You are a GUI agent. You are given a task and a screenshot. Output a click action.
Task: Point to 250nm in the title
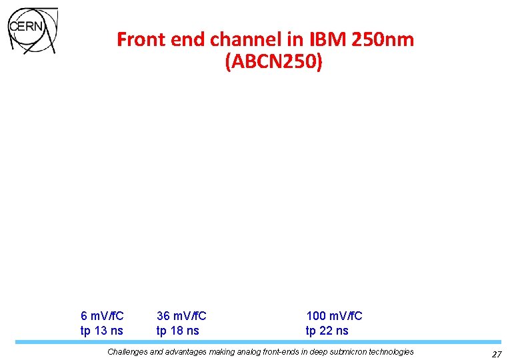tap(385, 40)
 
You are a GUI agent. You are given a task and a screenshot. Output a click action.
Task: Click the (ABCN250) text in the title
tap(274, 63)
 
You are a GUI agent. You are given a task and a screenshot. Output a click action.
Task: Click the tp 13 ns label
tap(101, 331)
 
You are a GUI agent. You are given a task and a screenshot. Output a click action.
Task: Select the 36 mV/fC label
tap(181, 316)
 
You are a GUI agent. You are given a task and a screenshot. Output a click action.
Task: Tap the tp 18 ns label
tap(177, 331)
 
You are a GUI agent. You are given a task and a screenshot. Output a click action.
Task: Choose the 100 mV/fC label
tap(334, 316)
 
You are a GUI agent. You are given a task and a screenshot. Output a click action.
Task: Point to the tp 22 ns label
tap(327, 331)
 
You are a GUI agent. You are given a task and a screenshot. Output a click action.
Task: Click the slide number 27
tap(497, 354)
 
